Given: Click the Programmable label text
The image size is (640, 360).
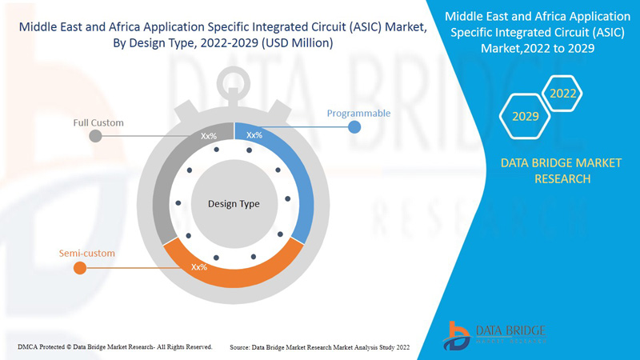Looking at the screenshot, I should tap(358, 114).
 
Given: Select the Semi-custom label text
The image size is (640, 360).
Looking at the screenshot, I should tap(87, 254).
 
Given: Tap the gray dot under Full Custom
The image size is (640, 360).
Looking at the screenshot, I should tap(96, 136).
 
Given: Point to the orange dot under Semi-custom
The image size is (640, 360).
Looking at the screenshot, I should tap(80, 268).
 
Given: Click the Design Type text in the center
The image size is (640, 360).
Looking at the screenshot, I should tap(234, 204).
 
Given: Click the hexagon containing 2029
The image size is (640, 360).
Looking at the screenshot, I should tap(525, 117).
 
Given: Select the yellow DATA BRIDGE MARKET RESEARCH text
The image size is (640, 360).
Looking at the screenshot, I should tap(561, 170).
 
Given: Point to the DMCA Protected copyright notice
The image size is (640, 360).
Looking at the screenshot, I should tap(114, 346).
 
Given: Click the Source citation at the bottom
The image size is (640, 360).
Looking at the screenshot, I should tap(319, 346).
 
